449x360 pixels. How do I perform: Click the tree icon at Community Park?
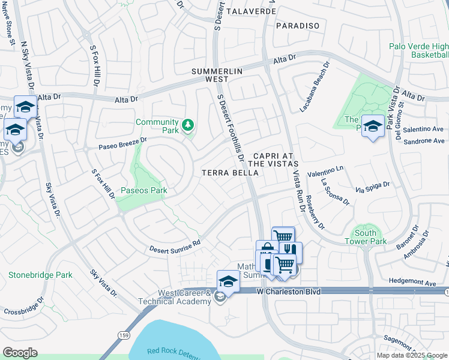[x=189, y=125]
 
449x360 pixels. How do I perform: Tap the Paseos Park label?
[x=144, y=190]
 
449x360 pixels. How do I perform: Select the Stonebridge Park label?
[x=40, y=275]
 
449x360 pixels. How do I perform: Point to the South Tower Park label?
[x=366, y=237]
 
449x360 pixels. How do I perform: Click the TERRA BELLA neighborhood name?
[x=230, y=173]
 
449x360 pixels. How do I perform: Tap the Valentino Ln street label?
[x=325, y=171]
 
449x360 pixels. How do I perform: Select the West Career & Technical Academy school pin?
[x=228, y=280]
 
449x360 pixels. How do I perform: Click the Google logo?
[x=20, y=353]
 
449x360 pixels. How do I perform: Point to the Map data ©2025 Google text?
[x=411, y=355]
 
